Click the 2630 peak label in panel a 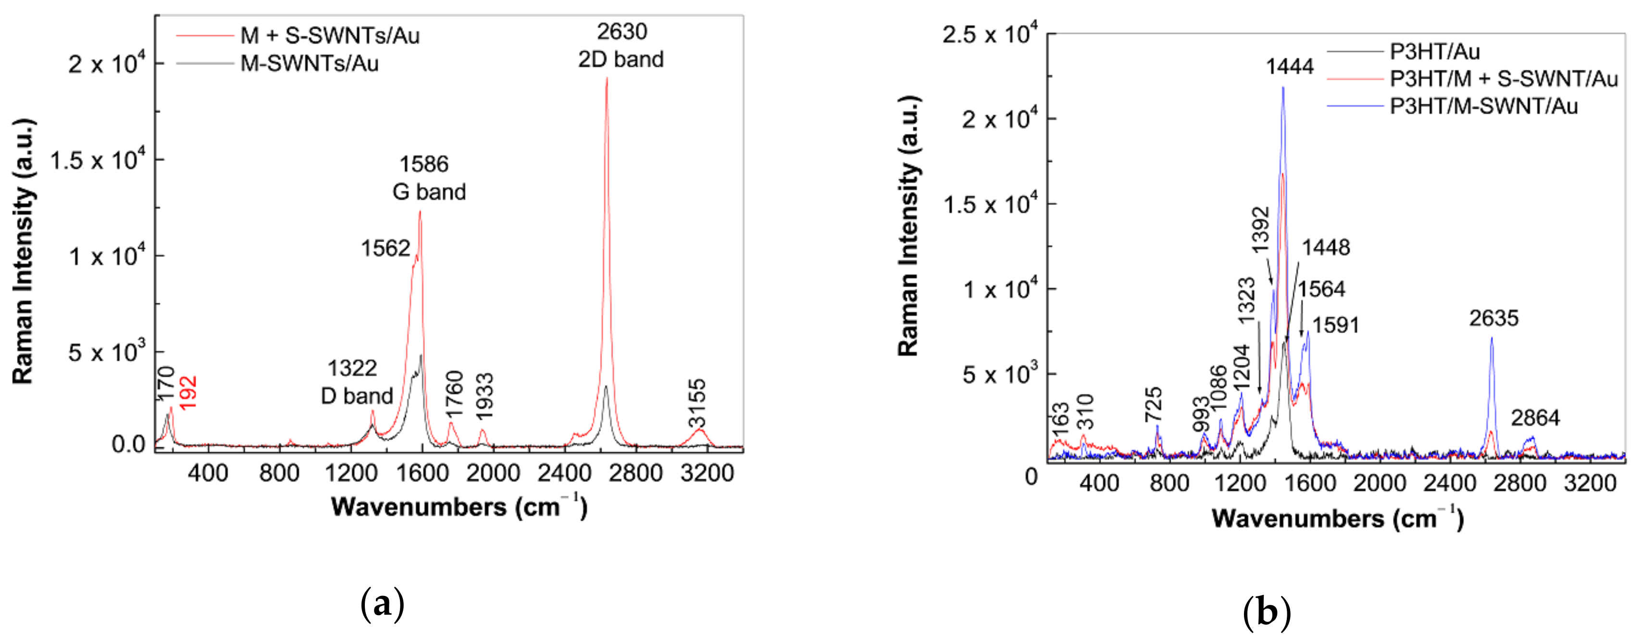[622, 32]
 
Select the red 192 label [188, 392]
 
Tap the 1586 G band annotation [428, 178]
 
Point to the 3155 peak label [697, 403]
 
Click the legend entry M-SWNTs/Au [309, 64]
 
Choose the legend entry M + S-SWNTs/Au [330, 36]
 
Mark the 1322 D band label [356, 382]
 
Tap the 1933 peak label [485, 396]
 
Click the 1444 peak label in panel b [1290, 66]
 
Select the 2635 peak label [1493, 318]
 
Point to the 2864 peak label [1535, 418]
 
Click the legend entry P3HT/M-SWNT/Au [1483, 106]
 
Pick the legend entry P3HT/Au [1435, 51]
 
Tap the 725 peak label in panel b [1153, 404]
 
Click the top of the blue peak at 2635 [1492, 338]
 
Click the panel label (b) [1267, 612]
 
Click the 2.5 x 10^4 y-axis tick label [989, 35]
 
